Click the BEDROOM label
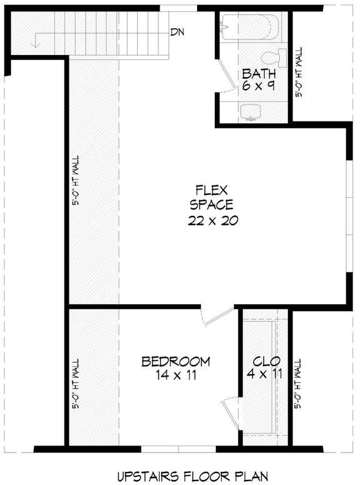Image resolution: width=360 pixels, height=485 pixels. coord(175,362)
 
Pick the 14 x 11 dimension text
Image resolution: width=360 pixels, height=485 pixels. coord(175,375)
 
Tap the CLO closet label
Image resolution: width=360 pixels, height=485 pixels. coord(266,362)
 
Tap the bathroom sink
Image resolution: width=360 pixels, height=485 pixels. coord(252,111)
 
